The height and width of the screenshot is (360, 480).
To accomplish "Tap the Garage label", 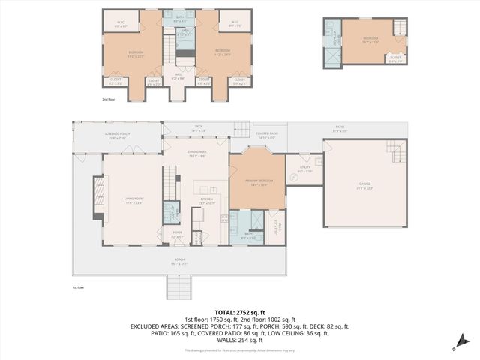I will click(366, 185).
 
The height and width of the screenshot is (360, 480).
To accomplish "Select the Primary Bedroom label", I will click(256, 182).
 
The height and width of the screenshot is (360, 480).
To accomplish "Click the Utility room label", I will click(304, 169).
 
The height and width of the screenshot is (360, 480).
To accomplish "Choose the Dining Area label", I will click(197, 154).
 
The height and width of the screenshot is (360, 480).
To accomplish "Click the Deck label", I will click(199, 128).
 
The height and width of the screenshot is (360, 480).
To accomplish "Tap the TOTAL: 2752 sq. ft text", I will click(239, 312).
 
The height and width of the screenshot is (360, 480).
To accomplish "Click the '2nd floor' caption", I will click(109, 98).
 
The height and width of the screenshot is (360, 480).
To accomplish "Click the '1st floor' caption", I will click(78, 287).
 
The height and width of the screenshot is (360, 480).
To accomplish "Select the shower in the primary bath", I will click(255, 222).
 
